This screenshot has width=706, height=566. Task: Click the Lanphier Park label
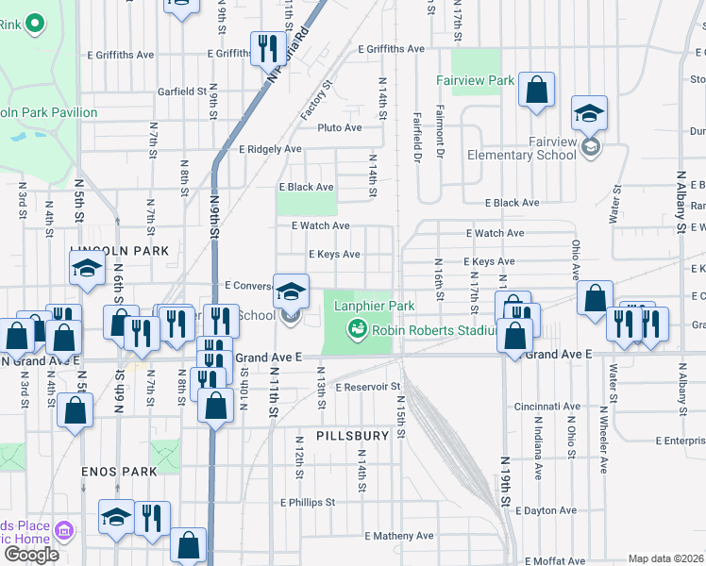[x=374, y=306]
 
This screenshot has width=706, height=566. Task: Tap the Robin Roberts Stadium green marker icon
[x=357, y=329]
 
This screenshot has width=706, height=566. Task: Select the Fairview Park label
[x=476, y=81]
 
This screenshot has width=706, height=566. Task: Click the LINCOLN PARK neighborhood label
[x=119, y=251]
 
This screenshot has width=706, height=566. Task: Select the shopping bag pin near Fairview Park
[x=536, y=92]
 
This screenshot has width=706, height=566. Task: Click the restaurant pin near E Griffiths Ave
[x=268, y=48]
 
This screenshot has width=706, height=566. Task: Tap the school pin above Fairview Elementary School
[x=589, y=114]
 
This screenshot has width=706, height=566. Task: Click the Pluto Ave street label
[x=340, y=127]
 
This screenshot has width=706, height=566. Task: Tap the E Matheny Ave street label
[x=397, y=536]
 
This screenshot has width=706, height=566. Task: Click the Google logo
[x=31, y=555]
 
